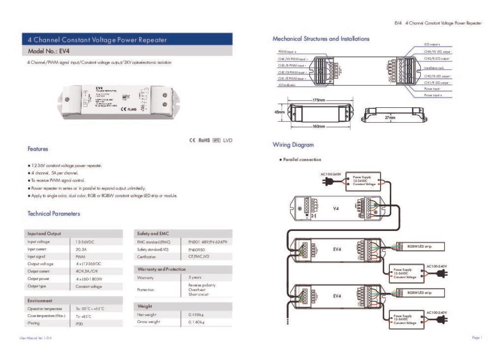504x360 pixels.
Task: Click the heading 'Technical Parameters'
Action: (x=54, y=214)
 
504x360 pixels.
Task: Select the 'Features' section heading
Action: (x=38, y=149)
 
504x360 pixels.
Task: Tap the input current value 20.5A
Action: (x=82, y=249)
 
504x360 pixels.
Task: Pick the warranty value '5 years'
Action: (x=195, y=278)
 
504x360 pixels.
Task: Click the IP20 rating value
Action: (x=79, y=324)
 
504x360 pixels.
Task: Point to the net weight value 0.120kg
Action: (x=196, y=314)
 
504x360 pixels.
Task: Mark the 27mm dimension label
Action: (x=390, y=118)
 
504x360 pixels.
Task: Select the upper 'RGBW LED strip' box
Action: (x=419, y=246)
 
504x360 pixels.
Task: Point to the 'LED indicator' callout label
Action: (x=287, y=85)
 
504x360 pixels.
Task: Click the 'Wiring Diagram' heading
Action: (x=293, y=145)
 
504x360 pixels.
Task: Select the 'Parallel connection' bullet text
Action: (x=302, y=160)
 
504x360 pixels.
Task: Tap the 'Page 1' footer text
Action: (x=476, y=338)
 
